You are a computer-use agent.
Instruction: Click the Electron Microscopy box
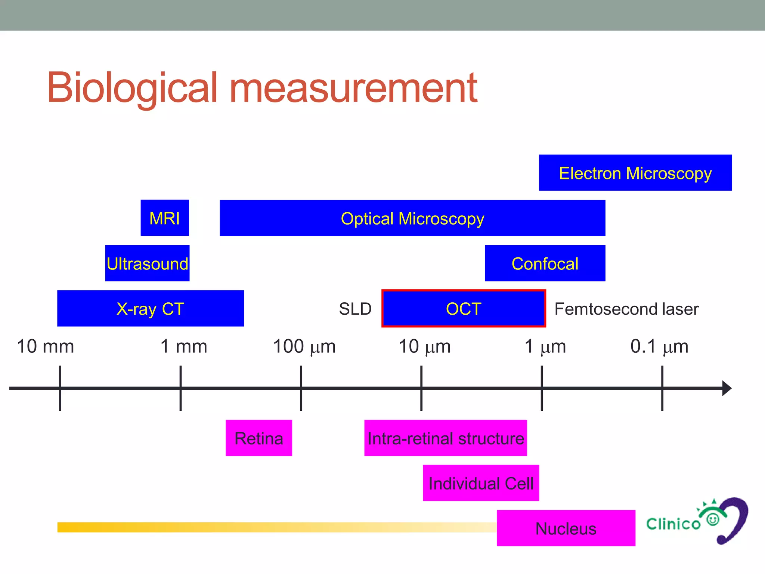coord(635,173)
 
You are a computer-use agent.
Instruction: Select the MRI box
coord(165,218)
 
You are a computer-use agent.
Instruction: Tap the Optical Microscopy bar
coord(412,218)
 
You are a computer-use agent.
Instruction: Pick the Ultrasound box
coord(147,263)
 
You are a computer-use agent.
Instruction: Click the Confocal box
coord(545,263)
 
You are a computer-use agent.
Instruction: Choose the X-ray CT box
coord(151,309)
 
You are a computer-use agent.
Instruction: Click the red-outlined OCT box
coord(464,309)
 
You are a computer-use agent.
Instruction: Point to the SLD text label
coord(355,309)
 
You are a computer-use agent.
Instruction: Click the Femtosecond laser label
coord(626,309)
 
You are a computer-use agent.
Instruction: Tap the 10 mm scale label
coord(46,346)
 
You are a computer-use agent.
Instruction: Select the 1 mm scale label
coord(183,346)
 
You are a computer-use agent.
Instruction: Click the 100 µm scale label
coord(304,346)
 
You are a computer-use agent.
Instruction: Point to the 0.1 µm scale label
coord(659,346)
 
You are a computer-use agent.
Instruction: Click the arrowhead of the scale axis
coord(727,388)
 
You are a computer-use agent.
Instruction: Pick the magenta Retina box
coord(259,438)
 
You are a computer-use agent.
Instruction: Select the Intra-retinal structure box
coord(446,438)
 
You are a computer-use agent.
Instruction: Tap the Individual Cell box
coord(481,483)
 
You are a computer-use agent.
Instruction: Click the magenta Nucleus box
coord(566,528)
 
